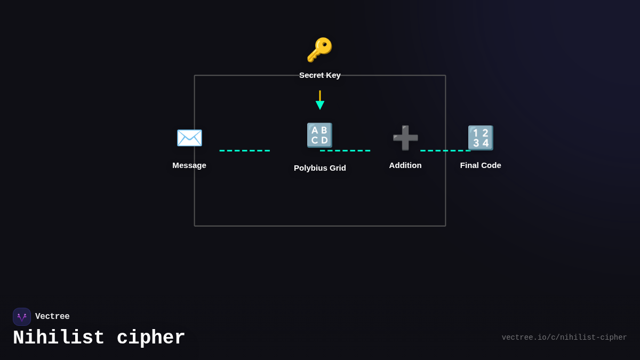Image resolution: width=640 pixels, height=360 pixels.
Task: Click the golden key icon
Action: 319,50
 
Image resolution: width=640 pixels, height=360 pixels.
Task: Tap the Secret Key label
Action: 320,75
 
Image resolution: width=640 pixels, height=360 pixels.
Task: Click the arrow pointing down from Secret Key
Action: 320,100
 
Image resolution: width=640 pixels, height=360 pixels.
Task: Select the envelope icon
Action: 189,138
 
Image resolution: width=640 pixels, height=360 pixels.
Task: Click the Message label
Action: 189,165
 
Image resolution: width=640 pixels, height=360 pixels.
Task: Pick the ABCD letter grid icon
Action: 319,135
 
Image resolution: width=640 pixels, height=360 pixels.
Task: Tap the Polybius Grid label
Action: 320,168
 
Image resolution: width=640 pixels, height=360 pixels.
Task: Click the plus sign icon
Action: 405,138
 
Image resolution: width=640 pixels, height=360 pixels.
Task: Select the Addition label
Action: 405,165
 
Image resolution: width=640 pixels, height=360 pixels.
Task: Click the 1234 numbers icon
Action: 481,138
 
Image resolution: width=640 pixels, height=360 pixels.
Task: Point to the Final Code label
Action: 481,165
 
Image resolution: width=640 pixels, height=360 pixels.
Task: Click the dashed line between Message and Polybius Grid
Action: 245,150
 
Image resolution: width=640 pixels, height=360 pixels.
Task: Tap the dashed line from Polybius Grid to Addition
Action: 345,150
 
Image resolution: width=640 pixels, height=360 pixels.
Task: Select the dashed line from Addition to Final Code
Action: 445,150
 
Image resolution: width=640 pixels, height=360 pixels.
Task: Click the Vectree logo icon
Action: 22,317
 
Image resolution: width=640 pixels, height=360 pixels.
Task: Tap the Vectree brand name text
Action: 52,317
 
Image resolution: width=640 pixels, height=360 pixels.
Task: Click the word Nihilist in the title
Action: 59,338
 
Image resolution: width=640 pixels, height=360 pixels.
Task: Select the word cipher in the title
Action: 151,338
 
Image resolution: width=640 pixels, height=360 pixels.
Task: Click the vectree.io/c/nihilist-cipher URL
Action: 564,338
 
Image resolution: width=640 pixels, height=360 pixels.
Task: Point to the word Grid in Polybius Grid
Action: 337,168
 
